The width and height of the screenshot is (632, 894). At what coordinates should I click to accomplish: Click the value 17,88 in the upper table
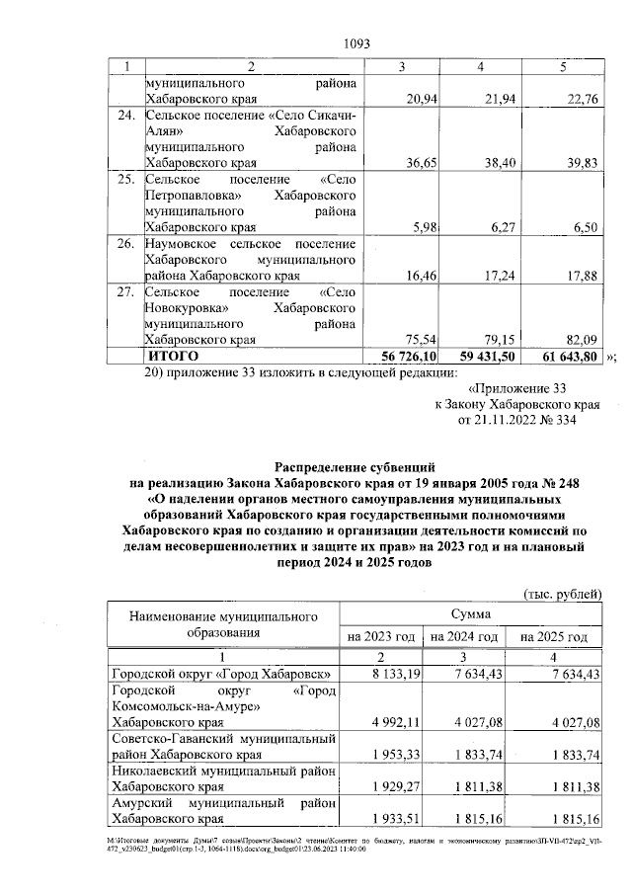click(576, 276)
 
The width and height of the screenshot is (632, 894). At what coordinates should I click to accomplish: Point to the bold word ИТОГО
click(173, 355)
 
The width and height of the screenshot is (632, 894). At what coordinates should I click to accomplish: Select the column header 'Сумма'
click(469, 613)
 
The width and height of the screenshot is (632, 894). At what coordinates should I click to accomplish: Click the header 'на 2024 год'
click(463, 637)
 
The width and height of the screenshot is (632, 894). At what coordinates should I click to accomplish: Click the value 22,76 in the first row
click(576, 99)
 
